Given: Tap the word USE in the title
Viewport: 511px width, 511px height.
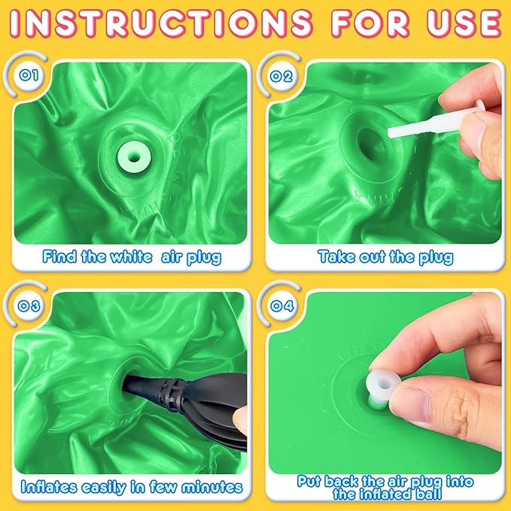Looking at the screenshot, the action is [x=464, y=23].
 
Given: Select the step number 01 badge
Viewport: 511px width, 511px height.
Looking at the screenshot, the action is [x=29, y=75].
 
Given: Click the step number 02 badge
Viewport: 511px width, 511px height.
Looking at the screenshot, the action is [x=281, y=76].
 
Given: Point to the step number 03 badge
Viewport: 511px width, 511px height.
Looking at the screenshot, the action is [x=29, y=306].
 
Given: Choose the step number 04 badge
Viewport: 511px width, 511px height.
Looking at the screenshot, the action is [x=282, y=306].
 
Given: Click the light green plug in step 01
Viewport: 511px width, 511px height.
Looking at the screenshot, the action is [x=134, y=157].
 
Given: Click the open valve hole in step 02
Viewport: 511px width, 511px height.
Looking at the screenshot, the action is [x=373, y=146].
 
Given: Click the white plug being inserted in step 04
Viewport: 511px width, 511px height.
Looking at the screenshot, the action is [x=383, y=387].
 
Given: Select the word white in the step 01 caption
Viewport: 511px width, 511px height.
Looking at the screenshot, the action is [x=132, y=257].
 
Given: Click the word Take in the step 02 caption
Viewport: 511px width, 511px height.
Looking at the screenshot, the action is [x=337, y=257].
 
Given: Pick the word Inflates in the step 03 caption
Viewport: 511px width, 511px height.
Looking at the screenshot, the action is [x=49, y=487].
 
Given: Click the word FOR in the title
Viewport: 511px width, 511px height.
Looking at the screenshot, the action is [x=370, y=23].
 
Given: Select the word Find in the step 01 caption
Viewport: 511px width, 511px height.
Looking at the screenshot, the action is [x=59, y=257].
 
